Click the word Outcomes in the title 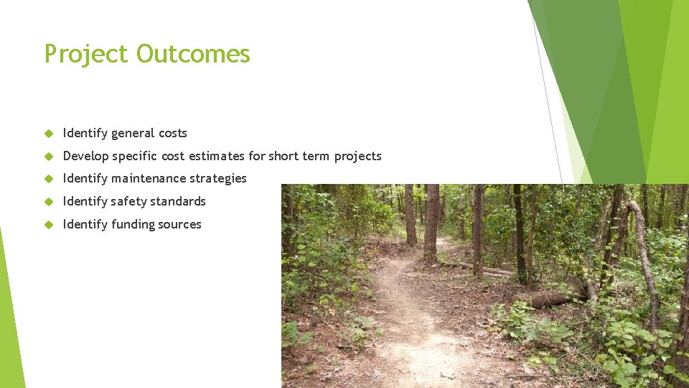193,55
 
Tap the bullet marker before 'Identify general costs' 49,134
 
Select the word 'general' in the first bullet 133,133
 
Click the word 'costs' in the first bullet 173,133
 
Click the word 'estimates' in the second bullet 217,156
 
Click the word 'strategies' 218,178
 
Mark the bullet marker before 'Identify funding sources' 49,225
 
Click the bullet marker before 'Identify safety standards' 49,202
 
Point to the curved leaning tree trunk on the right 644,259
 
